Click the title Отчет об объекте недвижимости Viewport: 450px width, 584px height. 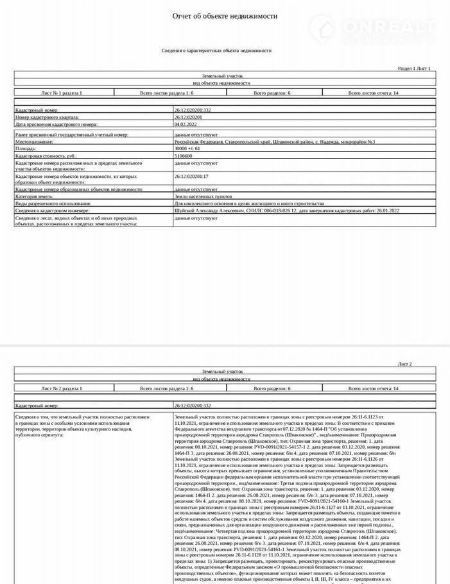pyautogui.click(x=225, y=16)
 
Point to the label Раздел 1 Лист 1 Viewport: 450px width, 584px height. pyautogui.click(x=413, y=67)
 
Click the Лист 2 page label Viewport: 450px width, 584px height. pyautogui.click(x=423, y=364)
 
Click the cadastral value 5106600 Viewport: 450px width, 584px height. pyautogui.click(x=185, y=155)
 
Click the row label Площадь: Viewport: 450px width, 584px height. pyautogui.click(x=28, y=148)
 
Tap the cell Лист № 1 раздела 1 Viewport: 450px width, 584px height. pyautogui.click(x=61, y=93)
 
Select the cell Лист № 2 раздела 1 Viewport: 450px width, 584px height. pyautogui.click(x=61, y=389)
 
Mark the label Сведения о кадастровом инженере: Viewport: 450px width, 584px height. pyautogui.click(x=53, y=210)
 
